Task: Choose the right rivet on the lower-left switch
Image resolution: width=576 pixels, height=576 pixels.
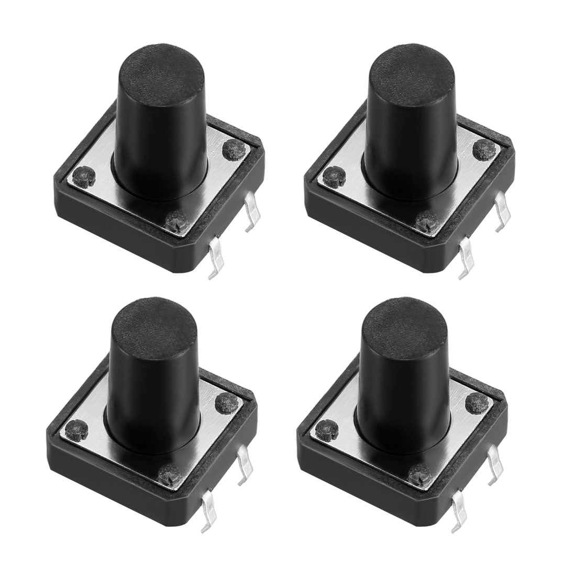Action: (226, 403)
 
